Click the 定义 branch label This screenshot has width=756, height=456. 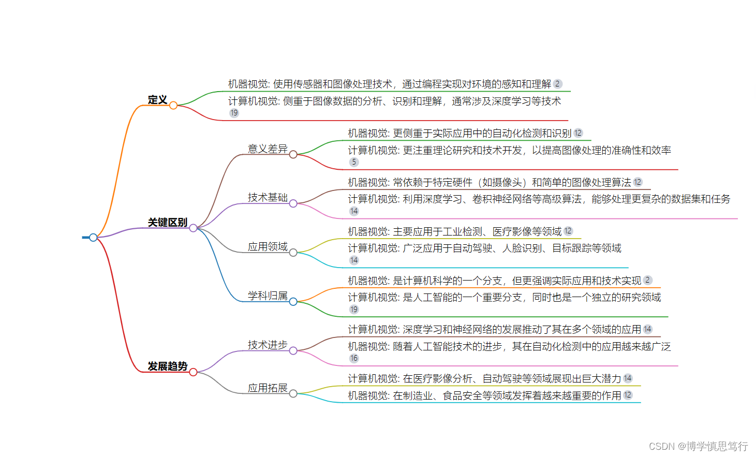coord(157,100)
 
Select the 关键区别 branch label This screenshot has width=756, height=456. coord(167,223)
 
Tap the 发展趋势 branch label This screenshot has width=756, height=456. coord(167,366)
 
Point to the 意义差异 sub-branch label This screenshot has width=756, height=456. coord(268,149)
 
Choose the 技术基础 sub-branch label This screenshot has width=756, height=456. coord(268,198)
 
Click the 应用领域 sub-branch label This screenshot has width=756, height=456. coord(268,247)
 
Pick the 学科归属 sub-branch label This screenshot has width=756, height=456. coord(268,296)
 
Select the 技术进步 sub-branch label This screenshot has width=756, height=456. coord(268,345)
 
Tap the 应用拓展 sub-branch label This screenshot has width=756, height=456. coord(268,388)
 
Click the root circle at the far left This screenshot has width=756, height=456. coord(93,238)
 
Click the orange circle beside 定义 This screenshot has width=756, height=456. coord(173,106)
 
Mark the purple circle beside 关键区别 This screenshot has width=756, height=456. coord(193,228)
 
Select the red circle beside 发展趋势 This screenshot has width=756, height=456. coord(193,372)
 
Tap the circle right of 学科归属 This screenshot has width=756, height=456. coord(293,302)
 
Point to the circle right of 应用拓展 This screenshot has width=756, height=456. coord(293,394)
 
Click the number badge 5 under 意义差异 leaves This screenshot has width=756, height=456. coord(354,162)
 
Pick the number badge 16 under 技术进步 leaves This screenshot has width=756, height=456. coord(354,358)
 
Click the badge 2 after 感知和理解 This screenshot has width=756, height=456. coord(557,84)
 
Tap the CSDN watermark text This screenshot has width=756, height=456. coord(698,446)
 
